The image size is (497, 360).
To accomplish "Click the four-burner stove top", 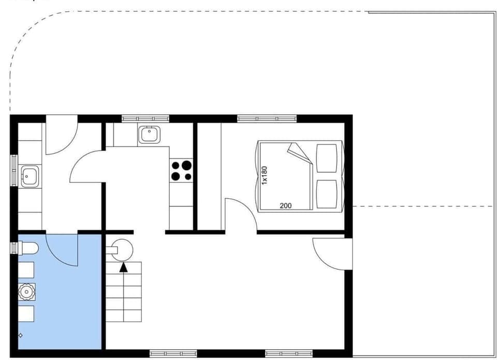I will point(181,171).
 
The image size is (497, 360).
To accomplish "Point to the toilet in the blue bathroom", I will point(28,249).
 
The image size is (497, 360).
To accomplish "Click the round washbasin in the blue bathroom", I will point(26,292).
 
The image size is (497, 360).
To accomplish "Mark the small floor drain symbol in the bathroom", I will point(21,335).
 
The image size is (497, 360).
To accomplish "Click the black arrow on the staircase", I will point(123,267).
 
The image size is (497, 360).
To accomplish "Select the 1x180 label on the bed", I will point(265,175).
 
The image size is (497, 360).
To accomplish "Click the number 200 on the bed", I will point(285,205).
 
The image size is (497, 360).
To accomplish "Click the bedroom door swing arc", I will point(243,212).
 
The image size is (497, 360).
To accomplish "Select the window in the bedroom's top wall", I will point(267,118).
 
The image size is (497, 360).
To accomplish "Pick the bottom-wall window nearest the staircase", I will point(173,354).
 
